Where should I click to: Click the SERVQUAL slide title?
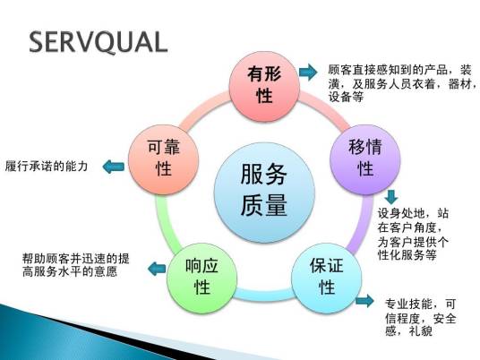tap(99, 42)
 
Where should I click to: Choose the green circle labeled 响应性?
tap(201, 276)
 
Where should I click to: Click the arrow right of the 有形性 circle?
tap(307, 72)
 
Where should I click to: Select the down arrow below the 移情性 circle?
tap(390, 196)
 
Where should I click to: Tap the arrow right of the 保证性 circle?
tap(364, 301)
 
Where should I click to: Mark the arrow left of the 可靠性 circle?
tap(111, 166)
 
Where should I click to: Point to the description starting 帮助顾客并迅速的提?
tap(77, 265)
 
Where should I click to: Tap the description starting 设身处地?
tap(413, 234)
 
